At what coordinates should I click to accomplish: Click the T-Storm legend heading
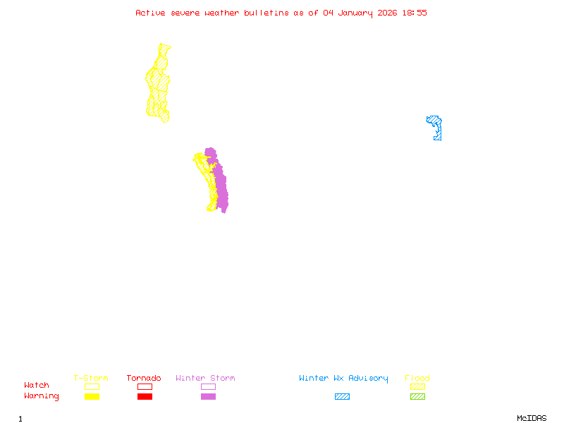91,379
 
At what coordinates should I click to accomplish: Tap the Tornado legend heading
144,379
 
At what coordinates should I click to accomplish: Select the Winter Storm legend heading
205,379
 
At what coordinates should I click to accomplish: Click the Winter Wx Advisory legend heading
343,379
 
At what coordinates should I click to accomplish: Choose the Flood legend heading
417,379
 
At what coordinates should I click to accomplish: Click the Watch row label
37,386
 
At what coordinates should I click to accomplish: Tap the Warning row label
42,396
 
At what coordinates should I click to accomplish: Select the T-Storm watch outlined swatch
92,386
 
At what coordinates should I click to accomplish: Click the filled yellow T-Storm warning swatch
92,396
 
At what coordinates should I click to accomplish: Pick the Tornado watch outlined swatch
145,386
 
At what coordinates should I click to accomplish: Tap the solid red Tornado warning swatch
145,396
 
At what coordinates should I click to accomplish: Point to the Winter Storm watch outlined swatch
208,386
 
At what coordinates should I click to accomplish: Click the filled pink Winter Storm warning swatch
208,396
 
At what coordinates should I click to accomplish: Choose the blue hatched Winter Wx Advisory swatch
342,396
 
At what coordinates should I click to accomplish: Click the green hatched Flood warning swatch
417,396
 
